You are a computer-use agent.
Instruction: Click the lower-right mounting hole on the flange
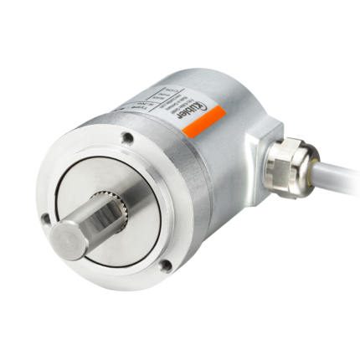(166, 266)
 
